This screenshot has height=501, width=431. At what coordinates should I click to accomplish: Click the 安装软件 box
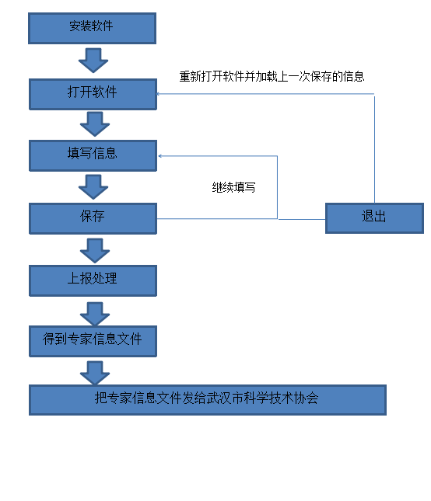92,28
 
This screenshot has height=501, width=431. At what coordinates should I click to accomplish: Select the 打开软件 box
93,94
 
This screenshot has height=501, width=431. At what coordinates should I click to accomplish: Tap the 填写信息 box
93,155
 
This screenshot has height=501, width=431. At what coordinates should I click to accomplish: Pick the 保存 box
93,218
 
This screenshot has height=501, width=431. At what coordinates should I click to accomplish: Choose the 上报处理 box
93,280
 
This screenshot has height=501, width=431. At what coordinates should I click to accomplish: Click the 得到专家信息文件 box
93,341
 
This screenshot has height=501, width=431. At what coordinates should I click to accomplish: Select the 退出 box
374,218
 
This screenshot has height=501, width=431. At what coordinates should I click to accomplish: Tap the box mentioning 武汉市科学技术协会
208,400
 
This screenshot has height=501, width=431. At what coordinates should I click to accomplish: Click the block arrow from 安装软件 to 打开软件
93,61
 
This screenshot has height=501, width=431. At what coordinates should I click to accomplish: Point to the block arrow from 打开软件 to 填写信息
95,124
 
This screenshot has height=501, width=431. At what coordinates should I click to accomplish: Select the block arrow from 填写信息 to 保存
93,187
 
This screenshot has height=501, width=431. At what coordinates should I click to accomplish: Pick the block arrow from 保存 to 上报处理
95,251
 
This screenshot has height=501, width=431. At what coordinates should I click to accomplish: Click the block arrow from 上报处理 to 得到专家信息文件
95,314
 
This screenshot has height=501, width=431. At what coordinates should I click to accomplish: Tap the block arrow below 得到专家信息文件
95,373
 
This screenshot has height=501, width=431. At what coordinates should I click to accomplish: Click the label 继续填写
233,187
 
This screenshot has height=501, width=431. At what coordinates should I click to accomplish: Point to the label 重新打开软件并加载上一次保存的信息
272,76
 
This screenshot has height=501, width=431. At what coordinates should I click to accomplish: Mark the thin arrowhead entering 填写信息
159,156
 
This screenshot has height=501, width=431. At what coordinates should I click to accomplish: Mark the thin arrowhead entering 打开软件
157,94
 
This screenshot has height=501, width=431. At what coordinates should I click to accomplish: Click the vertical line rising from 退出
374,148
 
